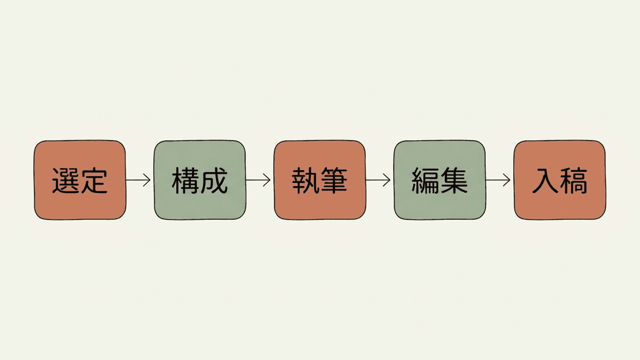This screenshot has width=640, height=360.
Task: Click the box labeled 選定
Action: click(x=80, y=180)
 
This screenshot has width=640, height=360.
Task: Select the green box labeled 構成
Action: click(x=199, y=180)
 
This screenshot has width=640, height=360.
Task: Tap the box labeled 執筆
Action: click(x=319, y=180)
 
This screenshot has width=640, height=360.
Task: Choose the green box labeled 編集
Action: click(x=439, y=180)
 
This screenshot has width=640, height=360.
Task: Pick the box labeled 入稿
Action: click(x=559, y=180)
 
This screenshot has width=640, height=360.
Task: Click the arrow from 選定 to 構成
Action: click(x=138, y=180)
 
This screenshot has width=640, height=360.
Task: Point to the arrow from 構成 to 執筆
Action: click(x=258, y=180)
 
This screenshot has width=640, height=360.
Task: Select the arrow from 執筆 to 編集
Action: click(x=378, y=180)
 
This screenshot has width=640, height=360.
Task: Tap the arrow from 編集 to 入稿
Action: click(x=498, y=180)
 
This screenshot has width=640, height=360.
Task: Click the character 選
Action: click(x=66, y=181)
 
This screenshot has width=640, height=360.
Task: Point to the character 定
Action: click(x=94, y=181)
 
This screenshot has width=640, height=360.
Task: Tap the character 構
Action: click(x=186, y=181)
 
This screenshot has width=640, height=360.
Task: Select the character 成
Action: click(x=214, y=181)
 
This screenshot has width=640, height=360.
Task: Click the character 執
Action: click(x=306, y=181)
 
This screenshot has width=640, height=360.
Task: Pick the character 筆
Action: click(x=334, y=181)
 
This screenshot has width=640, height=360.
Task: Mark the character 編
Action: click(x=425, y=181)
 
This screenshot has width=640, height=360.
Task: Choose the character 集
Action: click(x=454, y=181)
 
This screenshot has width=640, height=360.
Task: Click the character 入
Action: click(x=545, y=181)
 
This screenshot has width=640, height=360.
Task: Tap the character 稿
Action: click(x=574, y=181)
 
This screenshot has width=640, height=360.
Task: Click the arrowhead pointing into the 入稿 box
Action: click(x=507, y=180)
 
